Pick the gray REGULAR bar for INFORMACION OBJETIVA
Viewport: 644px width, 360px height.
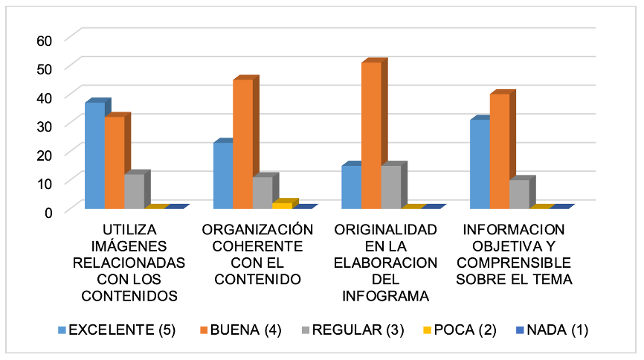pyautogui.click(x=519, y=194)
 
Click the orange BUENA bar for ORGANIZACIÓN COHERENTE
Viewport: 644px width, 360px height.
pyautogui.click(x=242, y=144)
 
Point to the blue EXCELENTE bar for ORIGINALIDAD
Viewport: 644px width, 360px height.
pyautogui.click(x=351, y=187)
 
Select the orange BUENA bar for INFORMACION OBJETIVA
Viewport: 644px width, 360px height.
pyautogui.click(x=500, y=152)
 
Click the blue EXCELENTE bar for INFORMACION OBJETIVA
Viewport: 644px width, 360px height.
pyautogui.click(x=480, y=164)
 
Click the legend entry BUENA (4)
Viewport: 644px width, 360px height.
pyautogui.click(x=245, y=330)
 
